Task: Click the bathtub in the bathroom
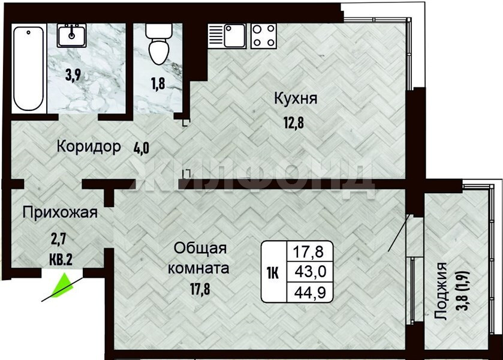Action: [28, 69]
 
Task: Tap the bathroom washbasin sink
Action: [71, 35]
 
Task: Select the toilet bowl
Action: [159, 43]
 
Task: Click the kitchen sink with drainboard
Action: [227, 36]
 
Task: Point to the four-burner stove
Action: [263, 36]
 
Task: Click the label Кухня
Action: [296, 98]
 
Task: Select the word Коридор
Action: [89, 147]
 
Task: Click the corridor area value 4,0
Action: [141, 148]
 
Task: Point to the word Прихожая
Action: [60, 212]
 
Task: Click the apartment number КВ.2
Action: [61, 259]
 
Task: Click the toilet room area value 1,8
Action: [158, 83]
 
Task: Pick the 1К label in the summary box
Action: [272, 274]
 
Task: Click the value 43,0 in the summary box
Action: [311, 272]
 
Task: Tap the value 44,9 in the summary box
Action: [311, 292]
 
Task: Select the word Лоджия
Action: [441, 291]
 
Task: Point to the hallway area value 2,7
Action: [58, 239]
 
